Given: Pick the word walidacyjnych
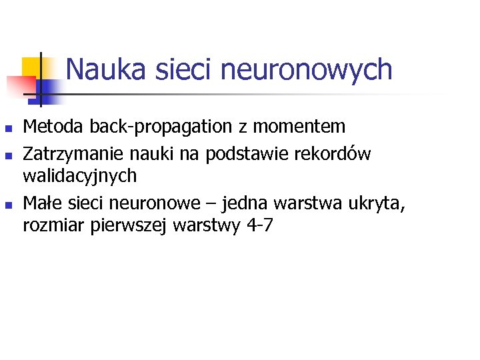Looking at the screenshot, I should [x=80, y=176].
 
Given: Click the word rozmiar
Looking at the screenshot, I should [x=51, y=225].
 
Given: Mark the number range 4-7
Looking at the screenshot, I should [x=259, y=225].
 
